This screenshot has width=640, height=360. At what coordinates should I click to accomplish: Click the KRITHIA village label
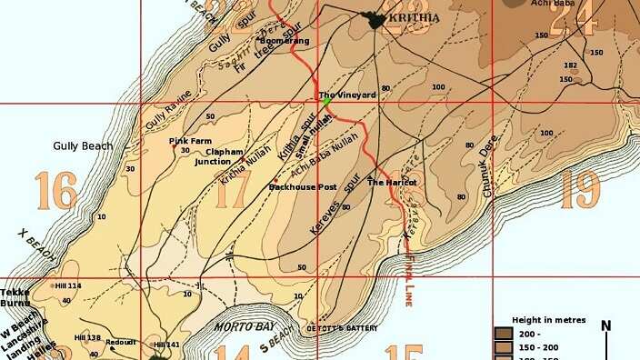tap(415, 18)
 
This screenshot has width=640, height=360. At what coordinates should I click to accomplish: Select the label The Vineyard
tap(347, 95)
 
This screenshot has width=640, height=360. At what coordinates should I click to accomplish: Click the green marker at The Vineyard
tap(326, 102)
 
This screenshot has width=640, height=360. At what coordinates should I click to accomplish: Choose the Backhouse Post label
tap(303, 187)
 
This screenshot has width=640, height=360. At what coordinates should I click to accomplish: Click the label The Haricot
tap(392, 183)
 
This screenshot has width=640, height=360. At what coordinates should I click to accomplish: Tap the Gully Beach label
tap(83, 145)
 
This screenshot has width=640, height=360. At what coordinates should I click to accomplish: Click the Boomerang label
tap(285, 41)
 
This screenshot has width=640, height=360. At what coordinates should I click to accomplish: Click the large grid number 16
tap(56, 191)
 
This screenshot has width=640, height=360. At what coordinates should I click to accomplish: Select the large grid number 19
tap(580, 189)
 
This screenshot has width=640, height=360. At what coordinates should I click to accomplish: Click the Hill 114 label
tap(67, 285)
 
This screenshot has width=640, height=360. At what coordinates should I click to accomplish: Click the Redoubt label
tap(121, 342)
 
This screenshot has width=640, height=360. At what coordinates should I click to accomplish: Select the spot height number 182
tap(570, 65)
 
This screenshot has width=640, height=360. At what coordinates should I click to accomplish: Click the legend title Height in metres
tap(548, 321)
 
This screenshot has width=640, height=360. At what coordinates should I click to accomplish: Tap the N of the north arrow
tap(606, 326)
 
